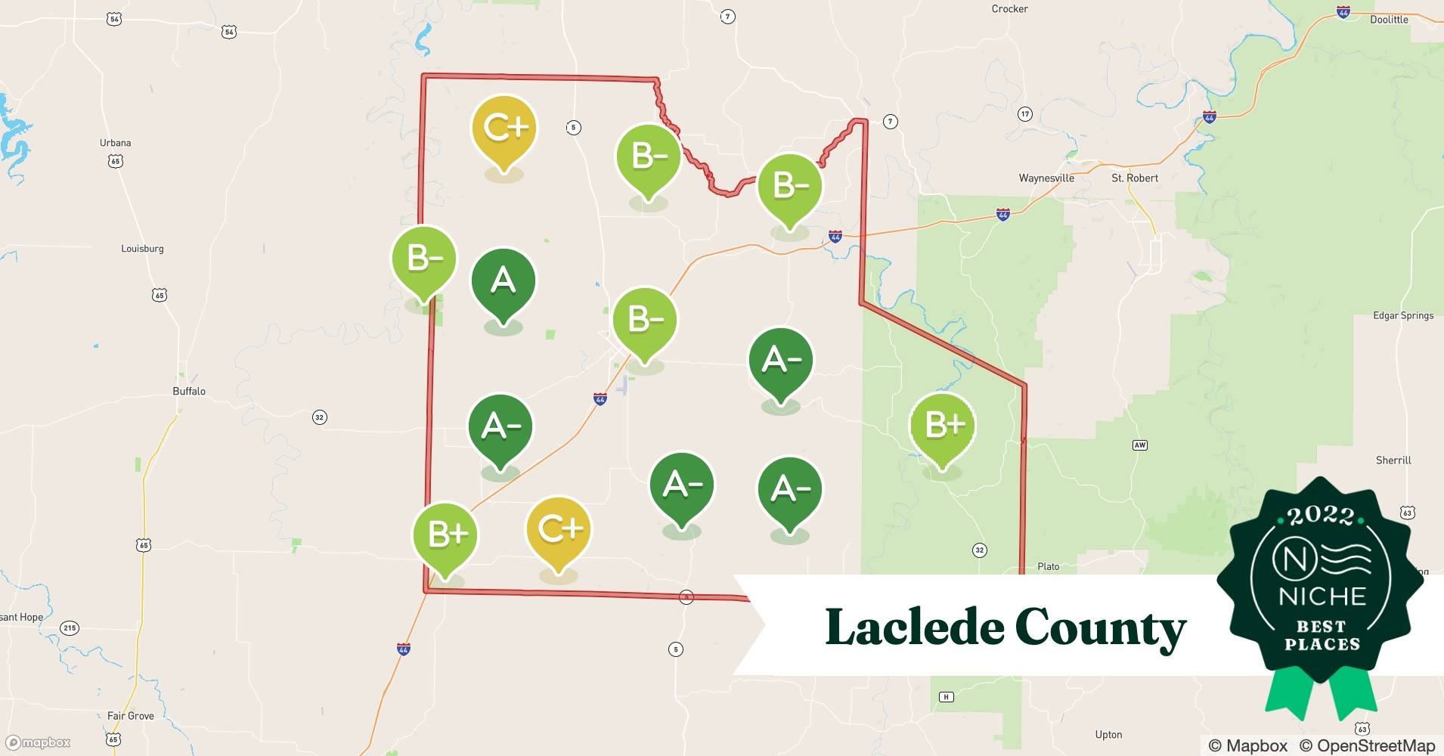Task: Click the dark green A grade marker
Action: (x=503, y=282)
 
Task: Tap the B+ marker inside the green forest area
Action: (x=942, y=426)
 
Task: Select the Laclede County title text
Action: (x=1006, y=627)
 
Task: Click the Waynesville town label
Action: (x=1046, y=178)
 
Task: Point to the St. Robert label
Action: (x=1134, y=178)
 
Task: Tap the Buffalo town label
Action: (x=189, y=391)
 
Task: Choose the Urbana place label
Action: (x=115, y=143)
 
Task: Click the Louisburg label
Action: (x=142, y=249)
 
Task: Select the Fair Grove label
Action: (x=130, y=716)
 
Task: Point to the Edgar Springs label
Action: (x=1403, y=315)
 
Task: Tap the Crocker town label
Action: (x=1009, y=9)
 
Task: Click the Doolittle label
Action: (x=1389, y=20)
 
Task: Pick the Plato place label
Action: (x=1048, y=566)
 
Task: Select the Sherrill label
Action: (x=1393, y=460)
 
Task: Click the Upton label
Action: (x=1108, y=735)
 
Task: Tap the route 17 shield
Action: (x=1024, y=114)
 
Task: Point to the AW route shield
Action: (x=1139, y=445)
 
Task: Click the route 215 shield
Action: (x=70, y=628)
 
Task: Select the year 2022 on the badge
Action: (x=1321, y=516)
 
